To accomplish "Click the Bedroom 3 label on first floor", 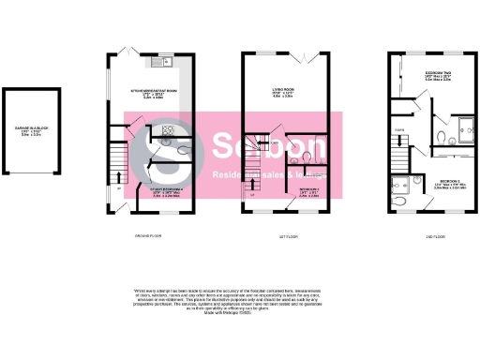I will click(308, 193).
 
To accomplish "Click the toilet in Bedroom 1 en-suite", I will click(402, 199).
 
